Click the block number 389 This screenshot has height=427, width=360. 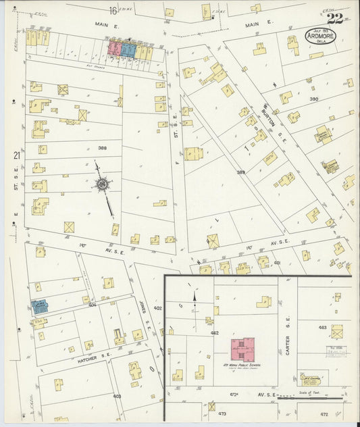[241, 173]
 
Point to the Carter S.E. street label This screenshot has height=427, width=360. [287, 345]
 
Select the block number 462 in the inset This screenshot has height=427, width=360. [214, 333]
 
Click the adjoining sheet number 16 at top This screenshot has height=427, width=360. [113, 10]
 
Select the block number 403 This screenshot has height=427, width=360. [117, 396]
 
